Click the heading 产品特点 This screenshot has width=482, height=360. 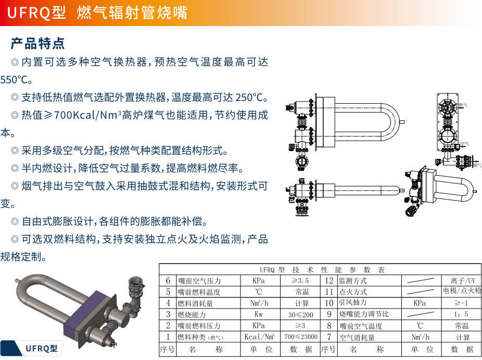coord(37,43)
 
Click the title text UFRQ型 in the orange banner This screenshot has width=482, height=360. coord(37,13)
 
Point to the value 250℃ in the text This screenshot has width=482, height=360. coord(251,97)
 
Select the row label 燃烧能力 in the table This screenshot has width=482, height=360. coord(192,315)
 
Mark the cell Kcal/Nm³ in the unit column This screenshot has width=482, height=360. coord(259,337)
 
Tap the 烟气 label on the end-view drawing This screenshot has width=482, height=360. coord(476,165)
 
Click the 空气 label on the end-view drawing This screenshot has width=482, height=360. coord(465,143)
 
